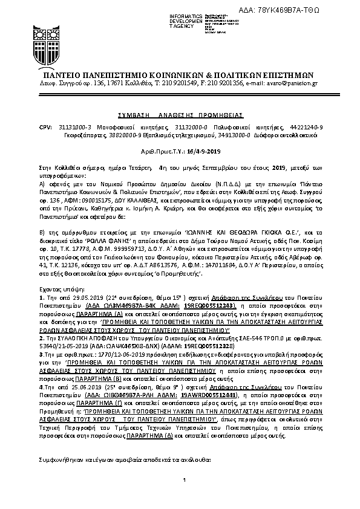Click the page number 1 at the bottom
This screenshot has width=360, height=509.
(180, 497)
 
